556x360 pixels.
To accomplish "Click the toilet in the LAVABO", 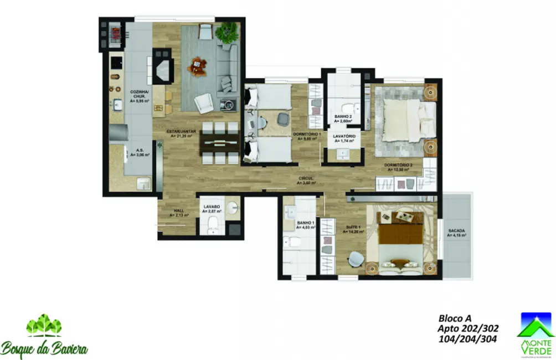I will (212, 226).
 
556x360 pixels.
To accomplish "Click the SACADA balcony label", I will (457, 233).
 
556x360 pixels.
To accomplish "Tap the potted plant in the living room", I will (226, 33).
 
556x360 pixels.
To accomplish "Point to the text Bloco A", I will (455, 318).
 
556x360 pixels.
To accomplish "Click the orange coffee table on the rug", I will (197, 66).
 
